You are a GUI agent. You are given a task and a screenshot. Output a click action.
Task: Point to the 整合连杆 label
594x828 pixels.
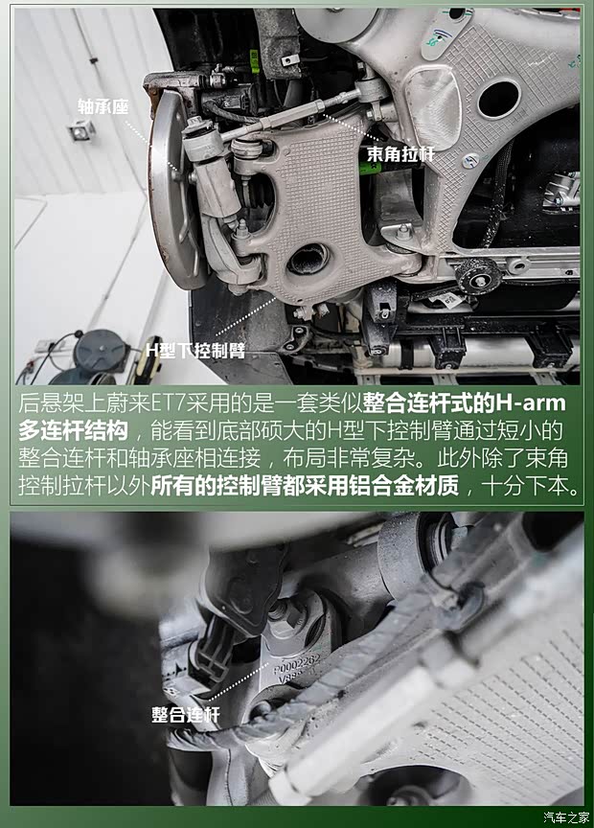tap(186, 715)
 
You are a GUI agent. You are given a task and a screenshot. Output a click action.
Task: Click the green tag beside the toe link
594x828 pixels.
tap(370, 168)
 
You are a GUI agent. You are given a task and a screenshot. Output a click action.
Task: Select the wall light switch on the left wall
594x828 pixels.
tap(82, 131)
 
